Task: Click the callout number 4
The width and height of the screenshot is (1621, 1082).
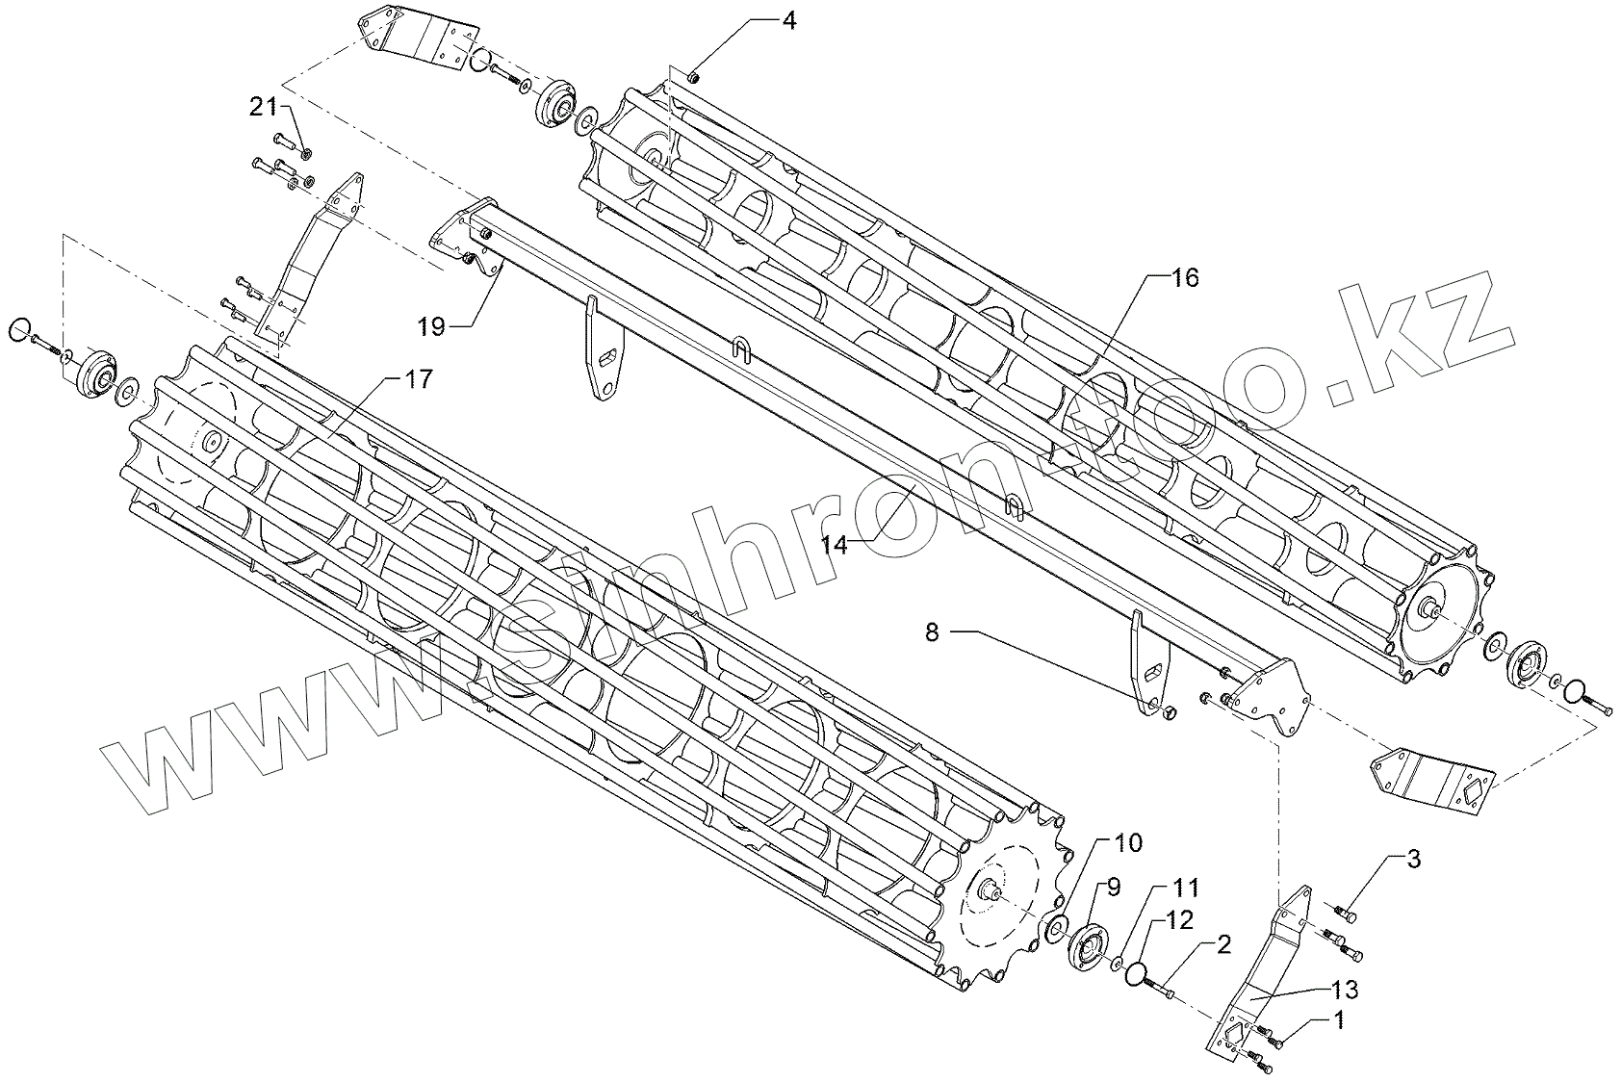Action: pos(788,21)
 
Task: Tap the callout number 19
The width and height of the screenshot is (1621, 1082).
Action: pos(431,327)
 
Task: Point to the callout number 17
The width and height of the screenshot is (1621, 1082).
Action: pos(418,378)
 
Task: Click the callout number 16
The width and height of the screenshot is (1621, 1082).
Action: pos(1185,278)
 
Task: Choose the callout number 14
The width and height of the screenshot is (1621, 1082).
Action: pos(835,545)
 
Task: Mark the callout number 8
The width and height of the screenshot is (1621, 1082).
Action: pos(931,632)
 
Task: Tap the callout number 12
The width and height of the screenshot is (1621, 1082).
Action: pos(1180,920)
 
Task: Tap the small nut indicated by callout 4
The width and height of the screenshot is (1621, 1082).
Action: pos(694,75)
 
